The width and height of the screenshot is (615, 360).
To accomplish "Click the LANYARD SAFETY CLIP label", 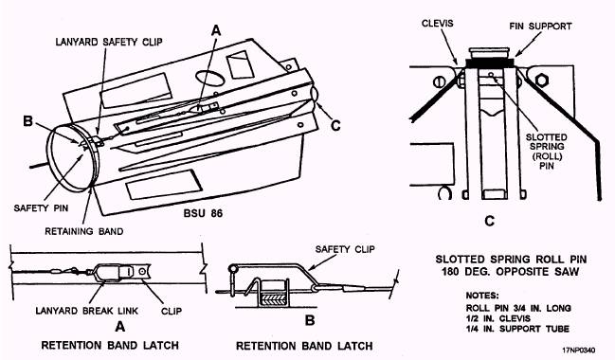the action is [109, 42].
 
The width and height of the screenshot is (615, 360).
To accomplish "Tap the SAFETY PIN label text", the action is [41, 207].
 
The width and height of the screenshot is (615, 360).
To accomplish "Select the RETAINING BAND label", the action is [84, 231].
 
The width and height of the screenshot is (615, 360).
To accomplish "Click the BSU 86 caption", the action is [203, 213].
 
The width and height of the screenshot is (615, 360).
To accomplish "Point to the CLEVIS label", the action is [438, 24].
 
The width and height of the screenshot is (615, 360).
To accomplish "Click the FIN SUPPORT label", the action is [540, 27].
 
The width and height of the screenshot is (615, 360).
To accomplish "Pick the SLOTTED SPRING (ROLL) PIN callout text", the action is [547, 152].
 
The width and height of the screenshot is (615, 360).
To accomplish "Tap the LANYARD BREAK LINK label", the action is [86, 311].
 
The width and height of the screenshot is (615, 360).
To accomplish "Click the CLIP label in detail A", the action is [172, 311].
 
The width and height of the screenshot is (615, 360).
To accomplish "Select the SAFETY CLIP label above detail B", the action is [345, 249].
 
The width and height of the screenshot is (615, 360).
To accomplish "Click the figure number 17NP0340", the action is [579, 350].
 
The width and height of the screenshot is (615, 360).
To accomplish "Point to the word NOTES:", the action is [482, 296].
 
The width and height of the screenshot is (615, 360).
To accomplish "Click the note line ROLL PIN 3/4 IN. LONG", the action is [518, 308].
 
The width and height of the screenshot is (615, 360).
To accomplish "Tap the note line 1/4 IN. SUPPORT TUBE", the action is [517, 329].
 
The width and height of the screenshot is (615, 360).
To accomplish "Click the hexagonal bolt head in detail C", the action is [542, 80].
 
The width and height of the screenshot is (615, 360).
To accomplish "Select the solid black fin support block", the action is [490, 63].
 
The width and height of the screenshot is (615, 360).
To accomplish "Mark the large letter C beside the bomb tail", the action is [335, 125].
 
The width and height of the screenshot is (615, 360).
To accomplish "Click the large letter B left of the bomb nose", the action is [27, 120].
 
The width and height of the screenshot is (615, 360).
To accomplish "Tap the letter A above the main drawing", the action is [216, 30].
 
